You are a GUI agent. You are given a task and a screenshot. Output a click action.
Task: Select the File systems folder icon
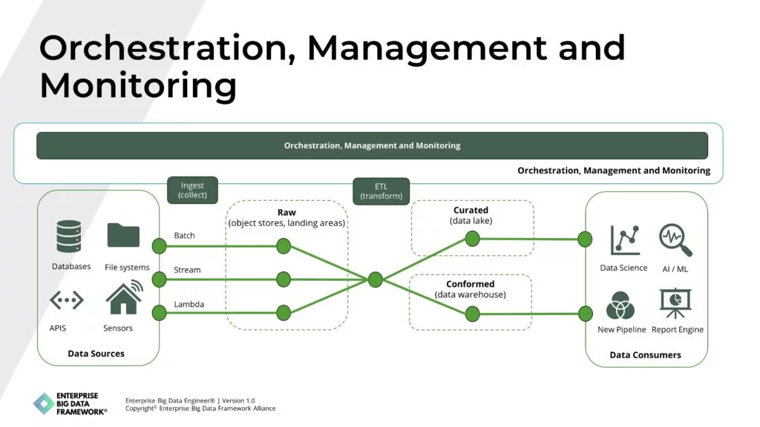pos(123,235)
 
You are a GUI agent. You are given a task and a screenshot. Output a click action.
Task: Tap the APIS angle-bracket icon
pos(66,300)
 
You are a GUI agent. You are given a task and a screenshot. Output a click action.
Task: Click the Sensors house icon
pos(123,297)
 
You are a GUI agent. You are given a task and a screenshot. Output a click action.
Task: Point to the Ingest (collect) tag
pos(192,190)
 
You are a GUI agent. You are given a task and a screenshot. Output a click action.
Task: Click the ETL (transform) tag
pos(381,191)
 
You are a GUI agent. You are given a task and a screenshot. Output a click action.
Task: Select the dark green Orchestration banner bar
pos(372,145)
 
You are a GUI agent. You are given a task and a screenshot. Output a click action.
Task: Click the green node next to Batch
pos(159,246)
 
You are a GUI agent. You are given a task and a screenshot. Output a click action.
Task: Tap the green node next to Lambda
pos(159,312)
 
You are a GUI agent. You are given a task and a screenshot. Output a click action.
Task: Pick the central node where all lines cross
pos(376,279)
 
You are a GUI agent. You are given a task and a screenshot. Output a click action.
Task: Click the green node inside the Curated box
pos(472,238)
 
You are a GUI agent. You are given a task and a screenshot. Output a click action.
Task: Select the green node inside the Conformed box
pos(472,314)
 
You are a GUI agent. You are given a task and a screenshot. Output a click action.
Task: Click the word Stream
pos(187,270)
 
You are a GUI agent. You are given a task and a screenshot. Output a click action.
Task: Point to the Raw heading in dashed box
pos(286,213)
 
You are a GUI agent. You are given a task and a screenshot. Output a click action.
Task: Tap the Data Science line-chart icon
pos(624,240)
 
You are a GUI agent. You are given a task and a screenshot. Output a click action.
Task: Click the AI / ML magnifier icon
pos(675,240)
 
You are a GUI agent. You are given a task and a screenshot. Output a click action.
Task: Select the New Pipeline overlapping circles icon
pos(620,305)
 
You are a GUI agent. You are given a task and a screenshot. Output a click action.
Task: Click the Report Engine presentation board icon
pos(675,303)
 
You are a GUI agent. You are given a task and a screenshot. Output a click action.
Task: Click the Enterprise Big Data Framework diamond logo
pos(45,404)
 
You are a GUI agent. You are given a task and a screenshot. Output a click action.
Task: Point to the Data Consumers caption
pos(645,355)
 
